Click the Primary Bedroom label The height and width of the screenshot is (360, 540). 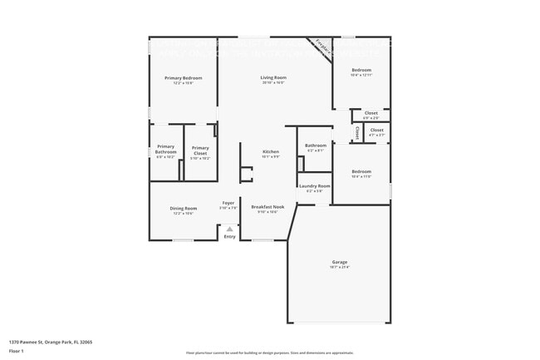point(183,78)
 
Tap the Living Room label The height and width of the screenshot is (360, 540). point(272,78)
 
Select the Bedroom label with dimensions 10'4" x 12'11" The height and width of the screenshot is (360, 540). point(361,70)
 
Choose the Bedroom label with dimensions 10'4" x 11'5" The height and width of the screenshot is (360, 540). point(361,171)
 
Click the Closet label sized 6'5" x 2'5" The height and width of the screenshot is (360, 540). point(371,113)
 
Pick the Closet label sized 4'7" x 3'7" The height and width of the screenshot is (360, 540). point(376,130)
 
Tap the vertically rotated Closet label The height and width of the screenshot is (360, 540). point(356,132)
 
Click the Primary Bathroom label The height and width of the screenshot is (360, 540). point(165,149)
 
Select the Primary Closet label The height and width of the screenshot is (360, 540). point(199,150)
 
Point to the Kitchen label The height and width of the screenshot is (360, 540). point(271,152)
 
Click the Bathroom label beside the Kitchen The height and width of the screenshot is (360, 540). point(316,146)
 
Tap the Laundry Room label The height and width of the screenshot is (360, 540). point(315,186)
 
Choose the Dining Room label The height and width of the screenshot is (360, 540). point(184,208)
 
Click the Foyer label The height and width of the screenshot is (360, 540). point(228,204)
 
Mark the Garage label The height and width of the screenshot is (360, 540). point(339,263)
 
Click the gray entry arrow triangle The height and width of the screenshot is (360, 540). point(229,228)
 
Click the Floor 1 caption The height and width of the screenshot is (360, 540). point(17,353)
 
